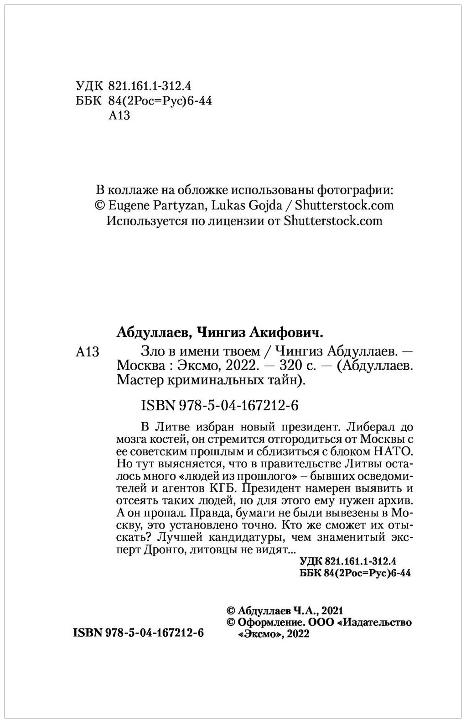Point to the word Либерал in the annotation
point(368,428)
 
